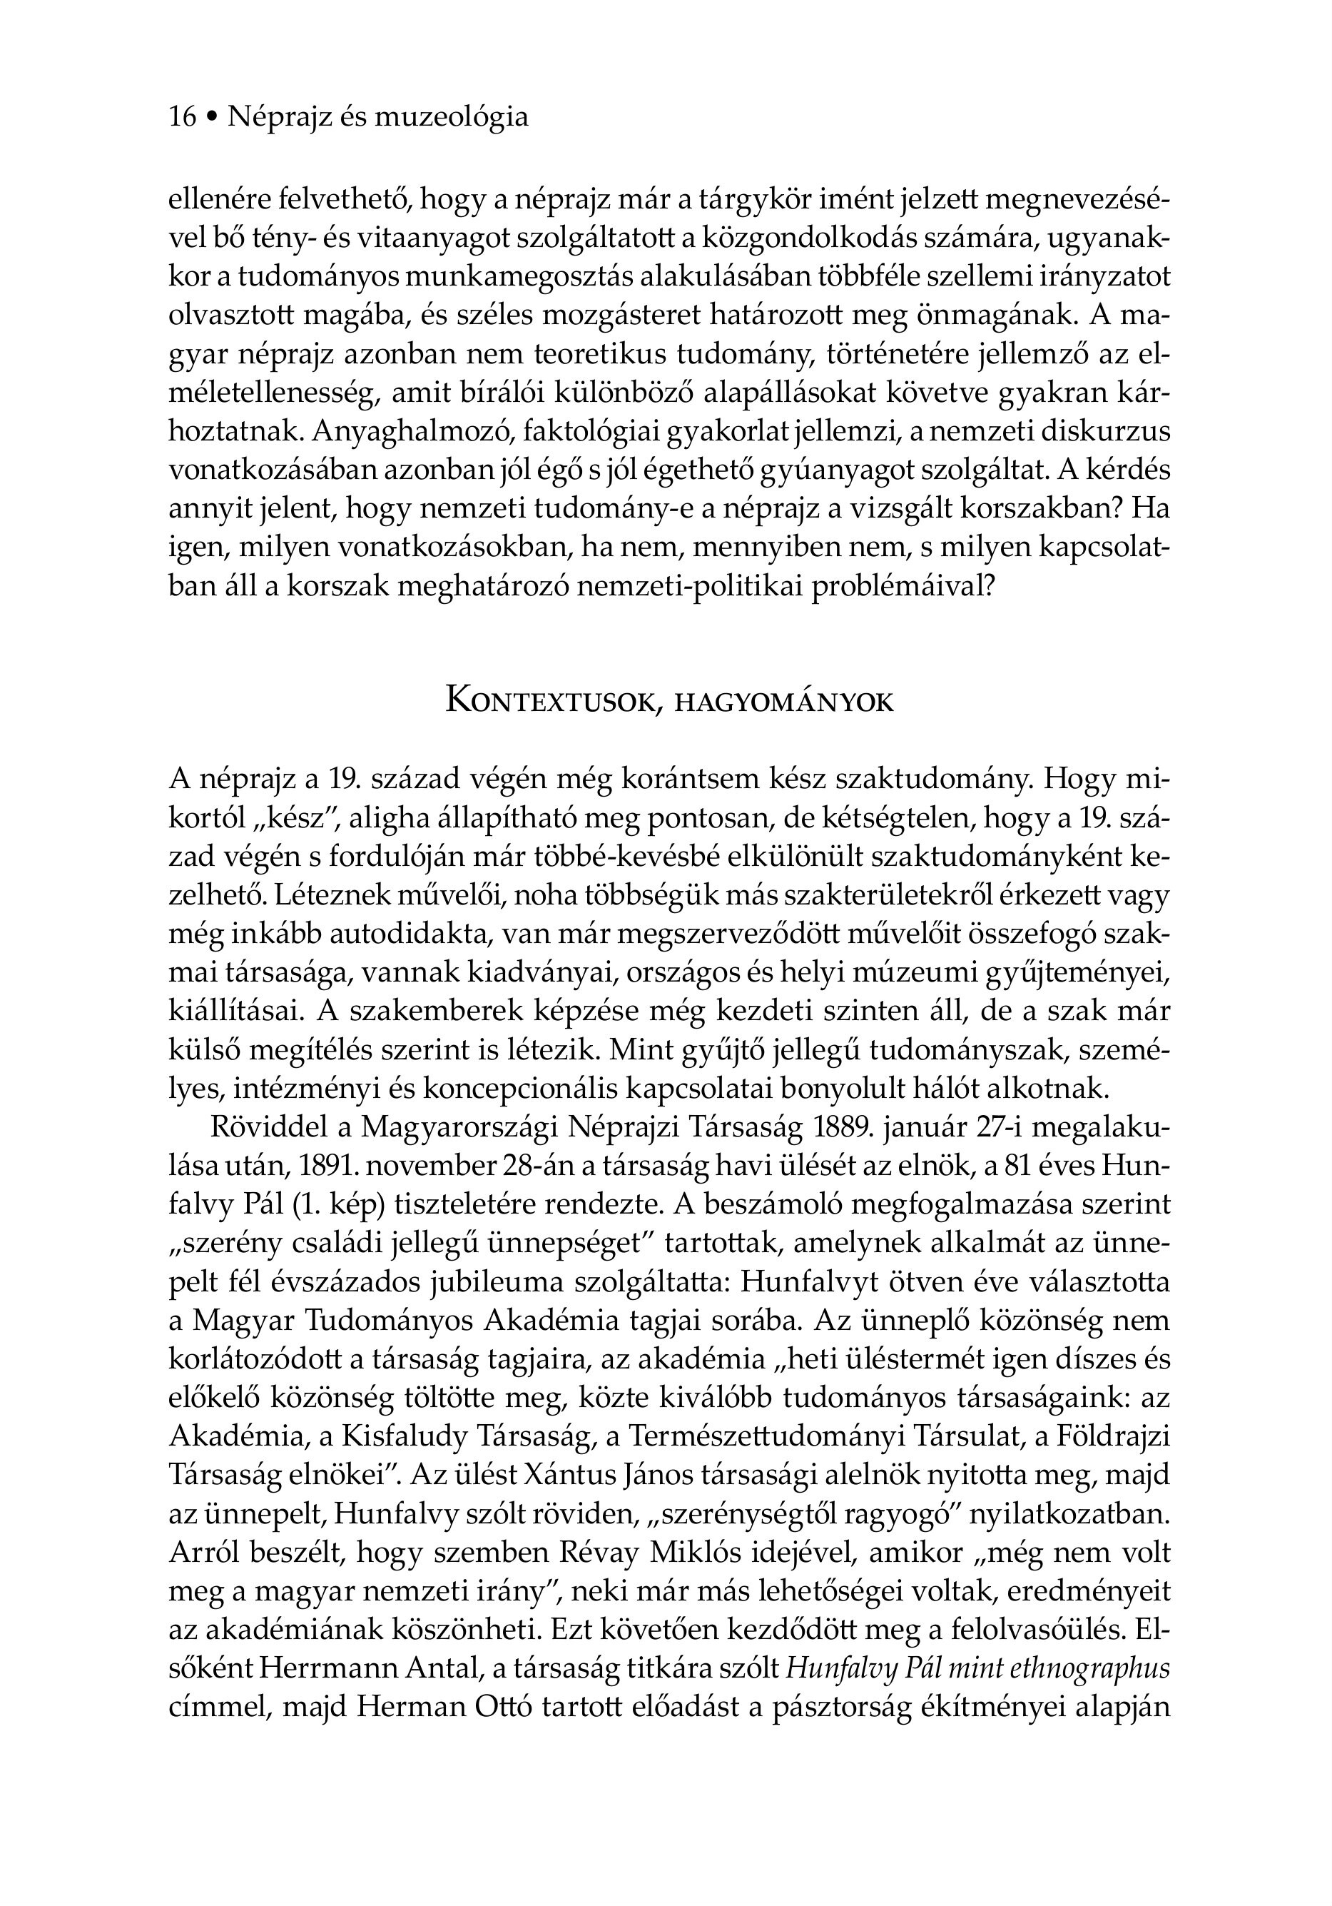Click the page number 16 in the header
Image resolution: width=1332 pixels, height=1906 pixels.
pyautogui.click(x=183, y=117)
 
